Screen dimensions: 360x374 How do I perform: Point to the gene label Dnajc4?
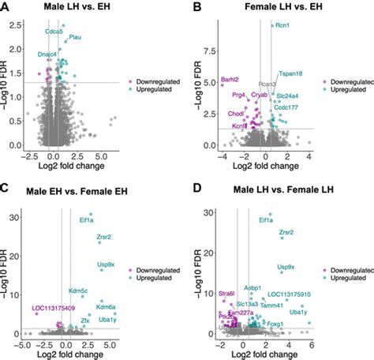(47, 54)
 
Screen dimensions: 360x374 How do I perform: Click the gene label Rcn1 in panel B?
(282, 26)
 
